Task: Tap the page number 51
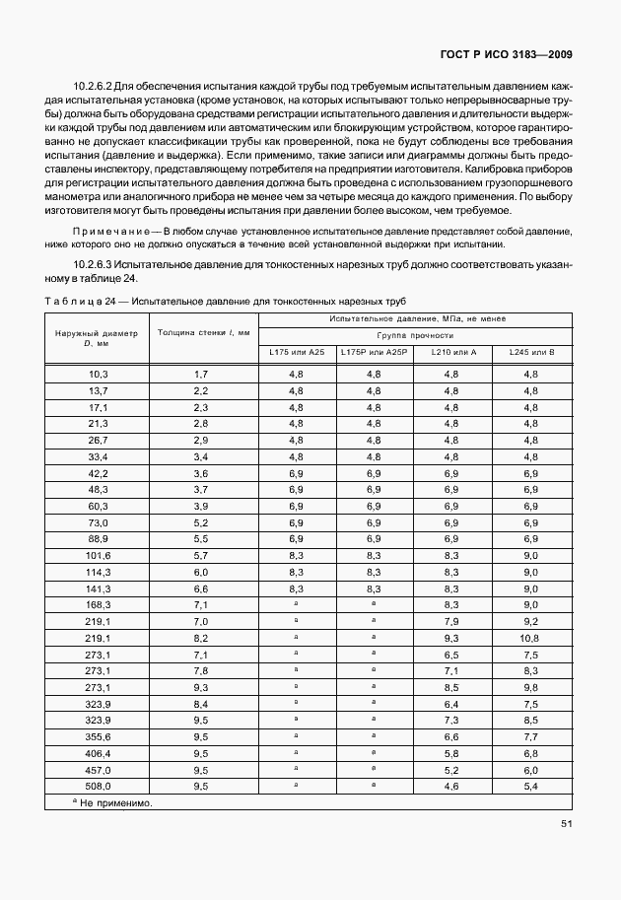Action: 567,824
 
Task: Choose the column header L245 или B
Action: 531,352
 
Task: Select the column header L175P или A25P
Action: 374,352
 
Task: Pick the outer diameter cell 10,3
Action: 98,374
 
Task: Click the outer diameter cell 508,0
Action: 98,786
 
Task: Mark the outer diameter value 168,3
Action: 98,604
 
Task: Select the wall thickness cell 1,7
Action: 201,374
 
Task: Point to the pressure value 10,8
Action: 531,638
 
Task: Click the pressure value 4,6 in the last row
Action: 452,786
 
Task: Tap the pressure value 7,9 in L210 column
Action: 452,621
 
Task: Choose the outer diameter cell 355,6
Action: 98,736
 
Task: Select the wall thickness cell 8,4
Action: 201,704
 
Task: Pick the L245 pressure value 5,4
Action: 531,786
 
